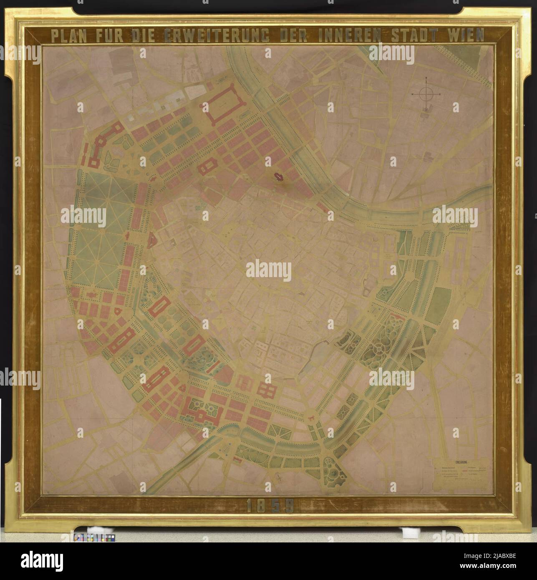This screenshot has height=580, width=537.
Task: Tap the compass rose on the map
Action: pyautogui.click(x=426, y=94)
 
